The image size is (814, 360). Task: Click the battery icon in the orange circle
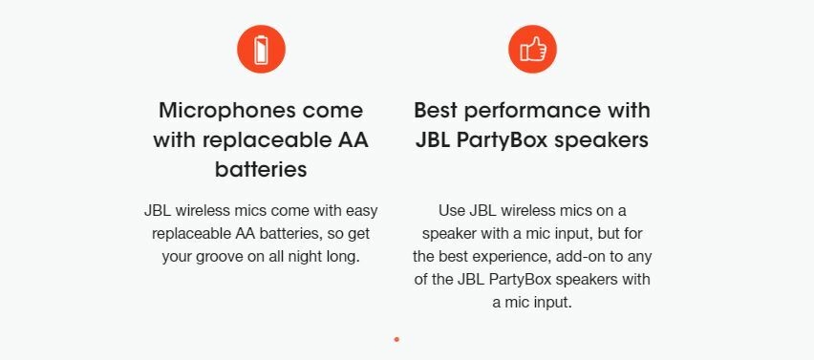261,50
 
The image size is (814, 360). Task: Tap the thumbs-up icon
532,50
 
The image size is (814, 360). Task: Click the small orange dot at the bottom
396,339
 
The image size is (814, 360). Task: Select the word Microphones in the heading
227,111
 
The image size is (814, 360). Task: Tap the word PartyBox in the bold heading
502,140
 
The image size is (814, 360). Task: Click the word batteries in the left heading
261,170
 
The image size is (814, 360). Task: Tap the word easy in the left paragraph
361,212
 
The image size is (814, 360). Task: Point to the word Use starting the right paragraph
452,211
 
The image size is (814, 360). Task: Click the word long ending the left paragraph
345,257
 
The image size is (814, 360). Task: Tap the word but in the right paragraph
609,233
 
